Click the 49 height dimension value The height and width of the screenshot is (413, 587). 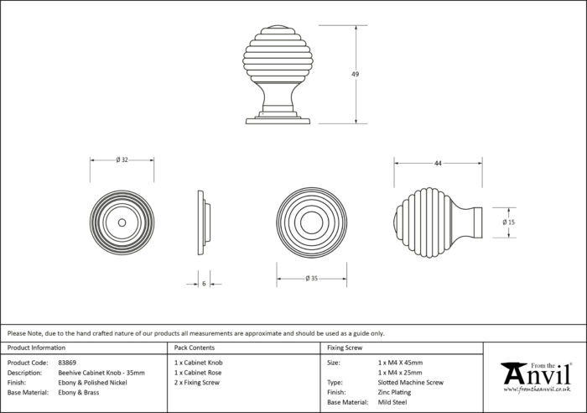(x=355, y=74)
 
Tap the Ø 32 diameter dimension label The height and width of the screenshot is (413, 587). (x=122, y=159)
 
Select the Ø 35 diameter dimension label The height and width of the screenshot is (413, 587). (x=311, y=278)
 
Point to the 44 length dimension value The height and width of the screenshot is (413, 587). (x=438, y=164)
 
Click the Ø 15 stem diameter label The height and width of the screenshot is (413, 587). (x=509, y=222)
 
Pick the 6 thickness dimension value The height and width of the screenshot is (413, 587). (x=204, y=284)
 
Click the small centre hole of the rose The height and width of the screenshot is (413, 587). (x=122, y=222)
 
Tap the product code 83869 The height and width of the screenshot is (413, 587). (x=67, y=363)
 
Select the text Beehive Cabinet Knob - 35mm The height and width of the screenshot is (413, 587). (x=101, y=373)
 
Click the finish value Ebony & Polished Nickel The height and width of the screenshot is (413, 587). (x=92, y=383)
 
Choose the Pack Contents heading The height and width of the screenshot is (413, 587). (x=195, y=348)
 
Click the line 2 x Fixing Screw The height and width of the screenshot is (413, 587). (x=197, y=383)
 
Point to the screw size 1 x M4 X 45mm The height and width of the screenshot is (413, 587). (x=400, y=363)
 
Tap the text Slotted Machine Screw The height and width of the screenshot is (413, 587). (x=411, y=383)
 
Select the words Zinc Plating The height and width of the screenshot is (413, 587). (x=394, y=392)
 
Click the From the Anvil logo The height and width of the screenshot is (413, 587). (x=537, y=378)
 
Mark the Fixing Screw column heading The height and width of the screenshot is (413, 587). (x=345, y=348)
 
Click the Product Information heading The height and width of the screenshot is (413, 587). (x=36, y=348)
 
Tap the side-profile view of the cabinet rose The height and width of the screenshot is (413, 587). (x=204, y=222)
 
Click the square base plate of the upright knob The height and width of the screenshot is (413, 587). (x=278, y=121)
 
